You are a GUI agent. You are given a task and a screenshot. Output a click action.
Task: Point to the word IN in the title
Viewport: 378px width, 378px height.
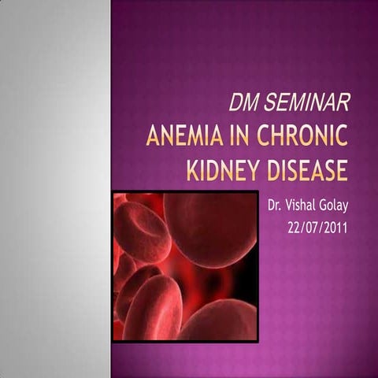point(237,137)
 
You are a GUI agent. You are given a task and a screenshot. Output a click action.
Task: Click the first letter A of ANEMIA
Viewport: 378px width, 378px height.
point(153,137)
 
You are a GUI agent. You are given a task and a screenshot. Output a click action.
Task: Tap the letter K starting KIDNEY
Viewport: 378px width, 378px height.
point(192,170)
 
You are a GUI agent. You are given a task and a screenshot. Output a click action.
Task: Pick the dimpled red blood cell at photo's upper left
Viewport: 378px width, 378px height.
point(141,229)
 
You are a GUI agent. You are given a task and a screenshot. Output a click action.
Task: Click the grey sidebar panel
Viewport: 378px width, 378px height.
point(55,189)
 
